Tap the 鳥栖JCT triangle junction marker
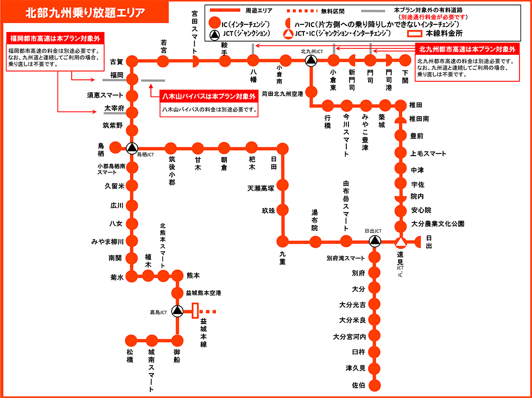point(131,147)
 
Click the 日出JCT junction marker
point(375,241)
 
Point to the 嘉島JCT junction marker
point(177,311)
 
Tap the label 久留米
point(115,185)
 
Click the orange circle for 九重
point(282,241)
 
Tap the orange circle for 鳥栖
point(115,147)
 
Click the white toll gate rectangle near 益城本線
point(194,311)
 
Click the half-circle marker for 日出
point(417,241)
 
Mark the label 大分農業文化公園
point(438,224)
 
